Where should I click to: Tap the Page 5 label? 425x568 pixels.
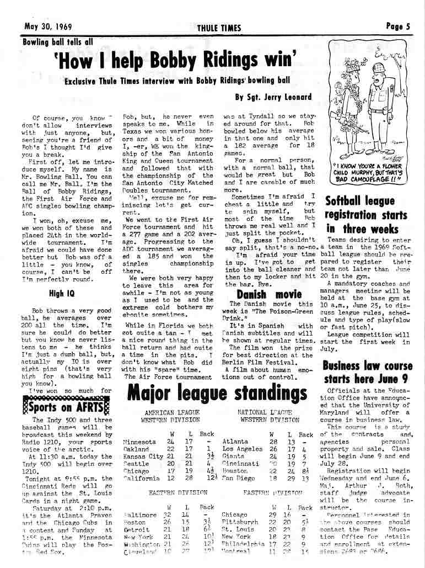[398, 25]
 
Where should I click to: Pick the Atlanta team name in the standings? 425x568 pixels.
[234, 442]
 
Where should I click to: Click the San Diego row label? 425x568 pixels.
[238, 477]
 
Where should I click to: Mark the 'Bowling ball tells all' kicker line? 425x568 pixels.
[58, 41]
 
